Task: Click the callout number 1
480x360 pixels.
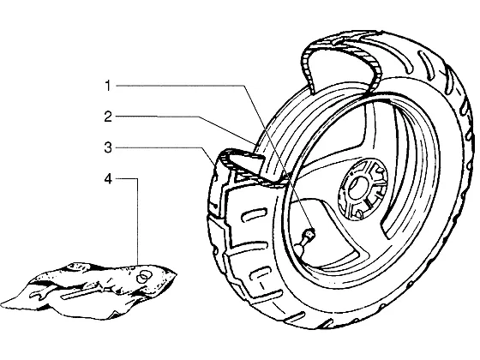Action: pos(107,86)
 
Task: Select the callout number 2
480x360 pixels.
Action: pos(108,117)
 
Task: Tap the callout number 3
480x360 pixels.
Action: pos(108,147)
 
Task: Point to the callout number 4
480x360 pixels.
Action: pos(108,179)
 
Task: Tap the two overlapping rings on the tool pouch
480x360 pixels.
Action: pos(144,276)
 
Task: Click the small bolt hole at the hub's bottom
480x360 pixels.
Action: pos(359,213)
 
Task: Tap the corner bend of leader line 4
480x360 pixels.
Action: pos(137,179)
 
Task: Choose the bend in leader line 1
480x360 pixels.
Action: pos(243,86)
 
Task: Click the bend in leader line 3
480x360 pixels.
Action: pos(202,147)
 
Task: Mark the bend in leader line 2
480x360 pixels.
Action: pos(199,117)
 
